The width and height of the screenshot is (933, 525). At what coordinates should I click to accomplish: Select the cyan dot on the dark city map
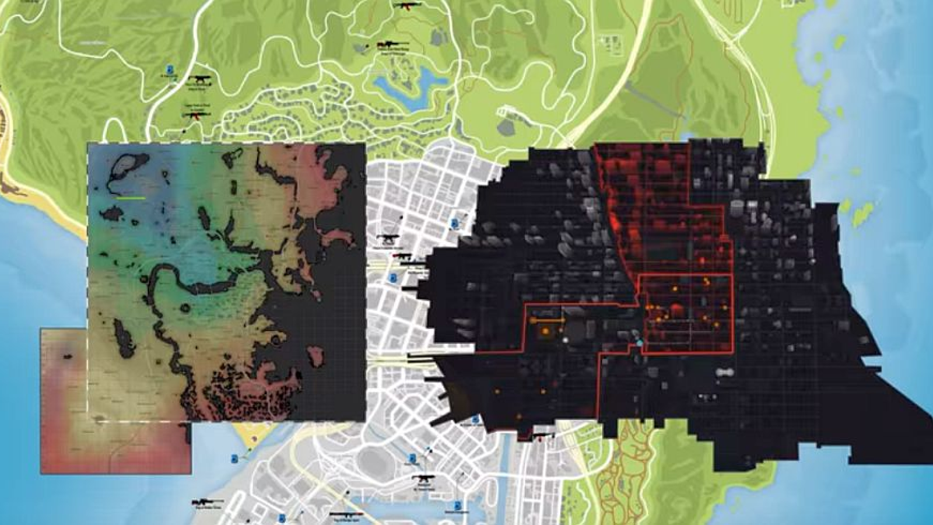pos(640,343)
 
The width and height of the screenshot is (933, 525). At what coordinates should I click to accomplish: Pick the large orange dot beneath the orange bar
pos(545,331)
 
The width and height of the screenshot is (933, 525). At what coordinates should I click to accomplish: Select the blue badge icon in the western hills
pos(170,69)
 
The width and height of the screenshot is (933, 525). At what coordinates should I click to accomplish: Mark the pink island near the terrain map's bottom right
pos(315,355)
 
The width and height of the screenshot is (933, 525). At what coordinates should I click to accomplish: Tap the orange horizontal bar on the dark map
pos(547,320)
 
